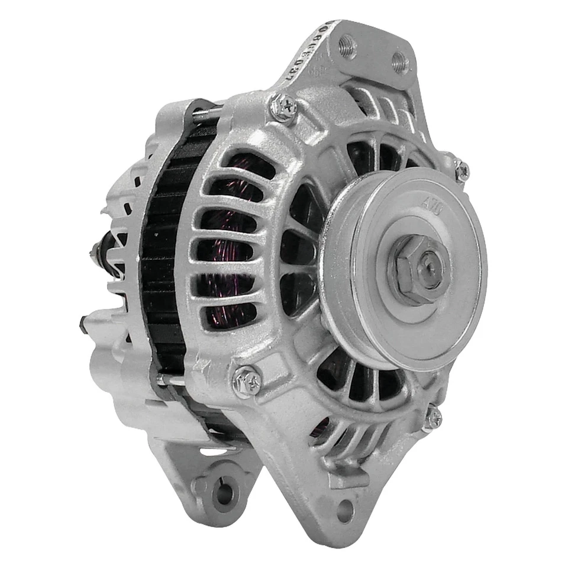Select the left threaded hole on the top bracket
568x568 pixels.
pos(347,46)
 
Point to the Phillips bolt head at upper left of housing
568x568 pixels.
pos(283,108)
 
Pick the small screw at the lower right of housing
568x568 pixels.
pos(433,418)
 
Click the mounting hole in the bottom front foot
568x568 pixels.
pos(344,510)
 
